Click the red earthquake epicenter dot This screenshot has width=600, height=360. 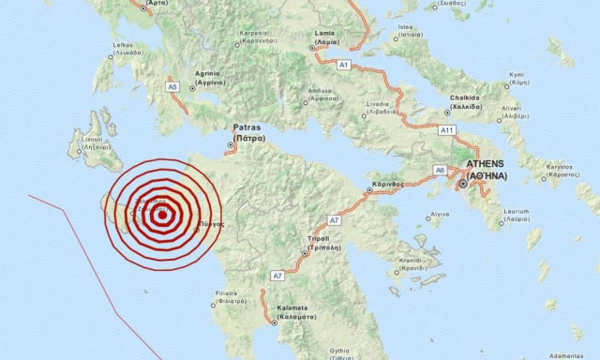(x=162, y=215)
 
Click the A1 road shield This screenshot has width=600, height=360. (x=343, y=64)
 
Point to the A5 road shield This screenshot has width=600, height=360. (x=172, y=86)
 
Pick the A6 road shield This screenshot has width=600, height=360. (x=440, y=170)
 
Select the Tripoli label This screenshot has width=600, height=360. (x=318, y=239)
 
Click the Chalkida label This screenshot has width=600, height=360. (x=464, y=97)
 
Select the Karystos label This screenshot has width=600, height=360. (x=560, y=170)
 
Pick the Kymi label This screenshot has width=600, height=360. (x=543, y=76)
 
